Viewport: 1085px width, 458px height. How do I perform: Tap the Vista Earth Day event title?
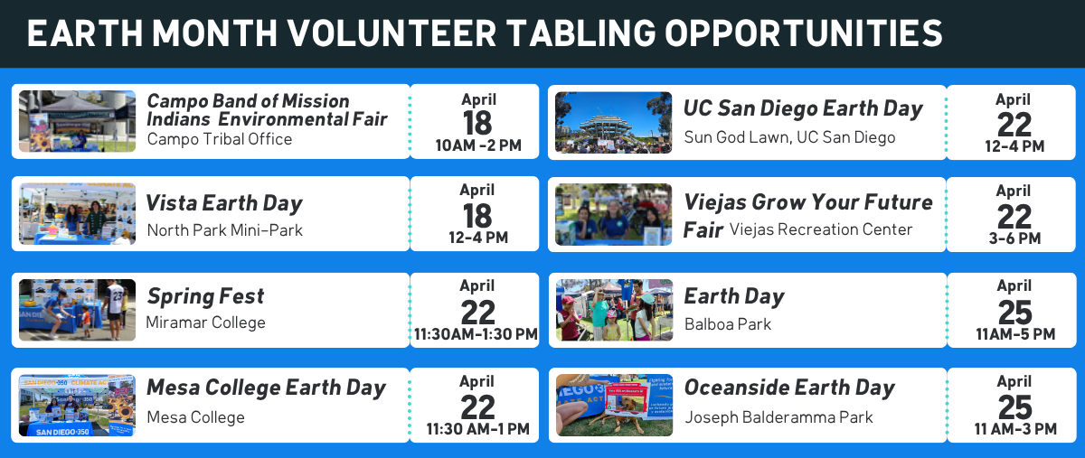pyautogui.click(x=224, y=203)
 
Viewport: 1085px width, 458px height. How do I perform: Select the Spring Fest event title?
pyautogui.click(x=205, y=296)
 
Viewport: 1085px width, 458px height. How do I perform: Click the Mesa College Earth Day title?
pyautogui.click(x=266, y=388)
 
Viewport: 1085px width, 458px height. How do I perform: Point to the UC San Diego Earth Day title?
pyautogui.click(x=803, y=108)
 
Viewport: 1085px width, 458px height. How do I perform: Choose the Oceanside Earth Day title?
pyautogui.click(x=789, y=388)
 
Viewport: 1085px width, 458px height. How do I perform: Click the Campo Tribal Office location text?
pyautogui.click(x=220, y=139)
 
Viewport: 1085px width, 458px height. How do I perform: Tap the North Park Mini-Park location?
pyautogui.click(x=225, y=230)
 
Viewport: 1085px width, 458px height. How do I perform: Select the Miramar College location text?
pyautogui.click(x=206, y=322)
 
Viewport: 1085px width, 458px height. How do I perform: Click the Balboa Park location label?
pyautogui.click(x=728, y=324)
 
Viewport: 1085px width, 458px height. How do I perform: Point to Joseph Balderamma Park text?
pyautogui.click(x=778, y=417)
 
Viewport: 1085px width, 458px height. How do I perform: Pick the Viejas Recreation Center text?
pyautogui.click(x=821, y=229)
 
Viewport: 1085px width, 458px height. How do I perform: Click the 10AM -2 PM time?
pyautogui.click(x=478, y=145)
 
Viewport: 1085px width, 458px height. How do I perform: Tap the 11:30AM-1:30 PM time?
pyautogui.click(x=476, y=334)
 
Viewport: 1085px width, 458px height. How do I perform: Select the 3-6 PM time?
pyautogui.click(x=1014, y=238)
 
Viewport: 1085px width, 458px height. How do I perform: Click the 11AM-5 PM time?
pyautogui.click(x=1015, y=334)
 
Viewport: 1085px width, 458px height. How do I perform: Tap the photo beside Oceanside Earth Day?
pyautogui.click(x=614, y=406)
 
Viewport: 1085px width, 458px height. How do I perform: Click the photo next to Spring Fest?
pyautogui.click(x=78, y=310)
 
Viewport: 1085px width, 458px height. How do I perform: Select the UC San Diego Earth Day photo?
pyautogui.click(x=614, y=123)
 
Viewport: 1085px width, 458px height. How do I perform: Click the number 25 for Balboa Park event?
pyautogui.click(x=1015, y=313)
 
